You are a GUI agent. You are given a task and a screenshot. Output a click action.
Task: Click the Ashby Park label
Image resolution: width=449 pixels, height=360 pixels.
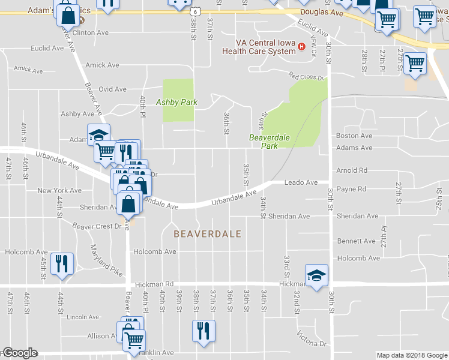tap(177, 102)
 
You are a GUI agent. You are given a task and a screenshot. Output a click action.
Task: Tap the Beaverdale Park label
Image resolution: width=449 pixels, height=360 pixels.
tap(270, 142)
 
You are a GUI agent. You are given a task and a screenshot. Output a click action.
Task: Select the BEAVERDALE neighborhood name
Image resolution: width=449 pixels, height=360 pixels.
tap(207, 234)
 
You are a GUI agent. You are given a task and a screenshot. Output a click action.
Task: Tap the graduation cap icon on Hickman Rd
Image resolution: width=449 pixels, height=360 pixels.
tap(316, 275)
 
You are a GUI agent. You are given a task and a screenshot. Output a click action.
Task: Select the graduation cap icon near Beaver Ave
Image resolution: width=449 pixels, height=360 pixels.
tap(99, 135)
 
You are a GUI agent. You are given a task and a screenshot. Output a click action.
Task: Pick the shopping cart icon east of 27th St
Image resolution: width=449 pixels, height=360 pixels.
tap(415, 63)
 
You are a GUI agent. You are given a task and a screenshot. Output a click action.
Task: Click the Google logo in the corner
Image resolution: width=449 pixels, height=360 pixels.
tap(20, 353)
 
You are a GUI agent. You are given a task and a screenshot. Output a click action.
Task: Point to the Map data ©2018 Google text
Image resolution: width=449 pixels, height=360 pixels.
tap(412, 355)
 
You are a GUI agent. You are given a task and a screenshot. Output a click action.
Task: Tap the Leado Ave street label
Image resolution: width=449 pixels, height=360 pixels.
tap(300, 182)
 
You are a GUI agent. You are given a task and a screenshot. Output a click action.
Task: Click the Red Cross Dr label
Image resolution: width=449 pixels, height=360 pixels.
tap(306, 77)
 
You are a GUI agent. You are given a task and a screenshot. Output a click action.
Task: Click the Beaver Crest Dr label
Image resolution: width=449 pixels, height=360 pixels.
tap(97, 226)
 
